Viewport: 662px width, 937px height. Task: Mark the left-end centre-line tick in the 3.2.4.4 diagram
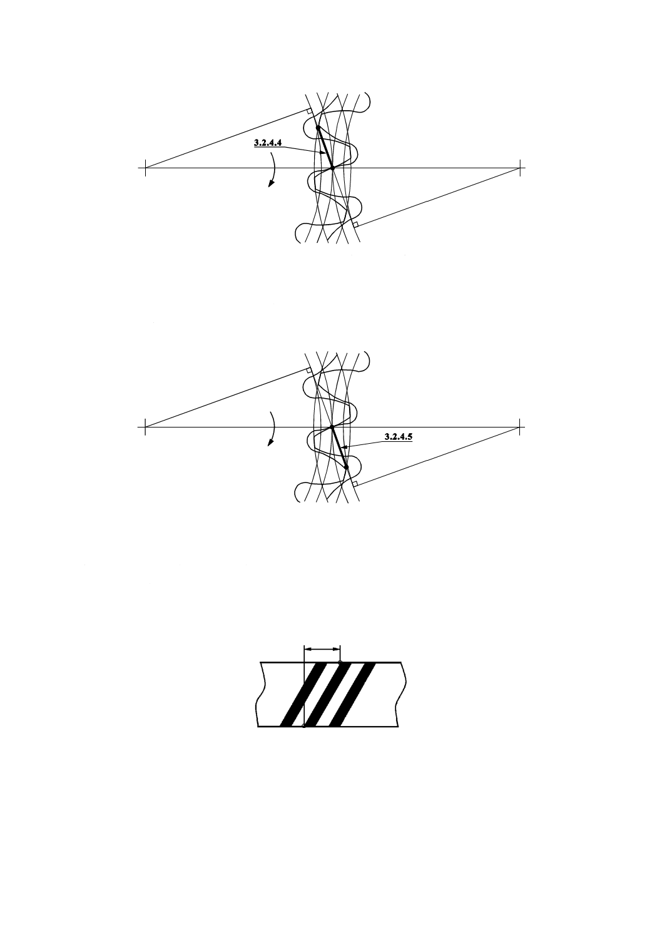pos(145,167)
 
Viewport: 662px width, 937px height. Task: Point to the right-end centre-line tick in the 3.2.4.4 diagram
pos(519,167)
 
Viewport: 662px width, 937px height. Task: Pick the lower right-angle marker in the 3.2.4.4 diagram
pos(355,223)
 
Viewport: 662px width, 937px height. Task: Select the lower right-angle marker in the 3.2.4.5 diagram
pos(355,483)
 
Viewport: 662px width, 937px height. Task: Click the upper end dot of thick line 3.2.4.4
pos(318,128)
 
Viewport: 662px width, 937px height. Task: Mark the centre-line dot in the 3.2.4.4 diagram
pos(332,168)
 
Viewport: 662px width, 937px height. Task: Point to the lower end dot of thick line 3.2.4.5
pos(346,467)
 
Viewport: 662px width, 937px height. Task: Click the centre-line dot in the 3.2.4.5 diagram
pos(332,427)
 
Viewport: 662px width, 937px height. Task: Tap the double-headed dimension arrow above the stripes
pos(322,648)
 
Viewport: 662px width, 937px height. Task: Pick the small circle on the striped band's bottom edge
pos(303,727)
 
